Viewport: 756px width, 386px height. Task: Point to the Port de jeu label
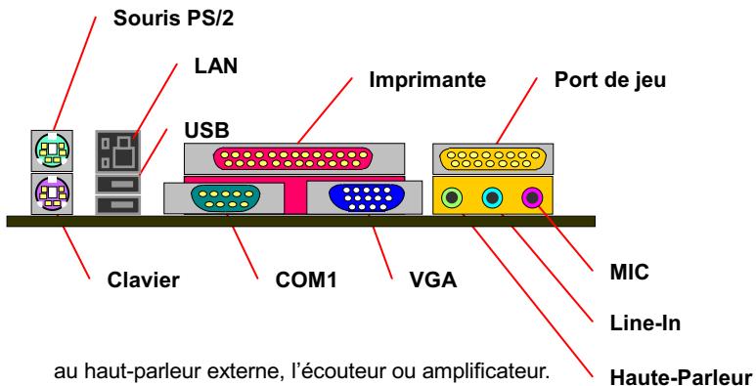click(610, 78)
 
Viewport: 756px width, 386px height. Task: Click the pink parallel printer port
click(293, 156)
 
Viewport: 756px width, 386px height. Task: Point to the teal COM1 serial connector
click(227, 197)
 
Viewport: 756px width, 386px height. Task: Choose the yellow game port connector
click(492, 157)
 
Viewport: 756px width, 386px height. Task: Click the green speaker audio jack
click(451, 198)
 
